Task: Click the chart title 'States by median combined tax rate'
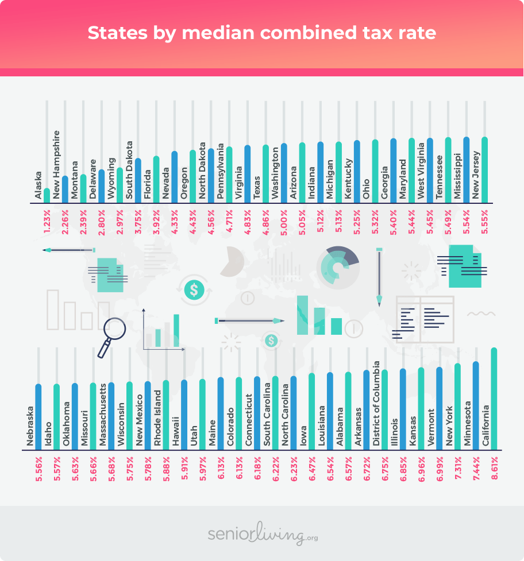click(x=261, y=33)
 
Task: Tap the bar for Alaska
click(x=47, y=195)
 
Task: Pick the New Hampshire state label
click(x=56, y=165)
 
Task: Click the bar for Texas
click(x=265, y=173)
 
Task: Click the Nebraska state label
click(x=29, y=425)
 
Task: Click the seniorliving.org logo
click(x=262, y=535)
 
